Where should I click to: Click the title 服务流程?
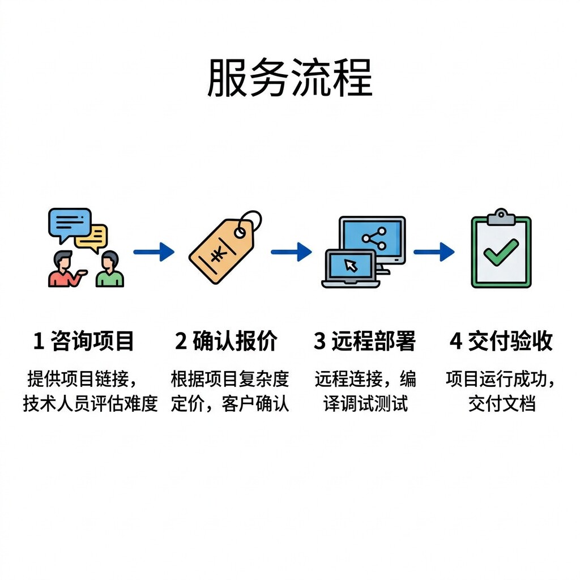click(x=289, y=78)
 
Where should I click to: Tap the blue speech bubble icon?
click(x=69, y=223)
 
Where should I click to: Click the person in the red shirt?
click(x=63, y=271)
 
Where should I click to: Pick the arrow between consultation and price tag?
click(x=153, y=251)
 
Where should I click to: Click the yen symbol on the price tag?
click(x=217, y=254)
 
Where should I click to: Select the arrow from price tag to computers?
click(x=291, y=251)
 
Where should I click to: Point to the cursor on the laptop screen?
click(x=351, y=265)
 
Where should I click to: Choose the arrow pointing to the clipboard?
click(x=434, y=251)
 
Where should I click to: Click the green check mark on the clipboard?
click(x=501, y=253)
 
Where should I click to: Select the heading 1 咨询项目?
click(x=84, y=342)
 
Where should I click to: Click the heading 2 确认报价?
click(x=226, y=342)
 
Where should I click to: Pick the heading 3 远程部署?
click(x=365, y=342)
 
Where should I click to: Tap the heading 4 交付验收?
click(x=501, y=342)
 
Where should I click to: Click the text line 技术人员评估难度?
click(x=90, y=404)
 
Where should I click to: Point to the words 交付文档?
click(x=501, y=404)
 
